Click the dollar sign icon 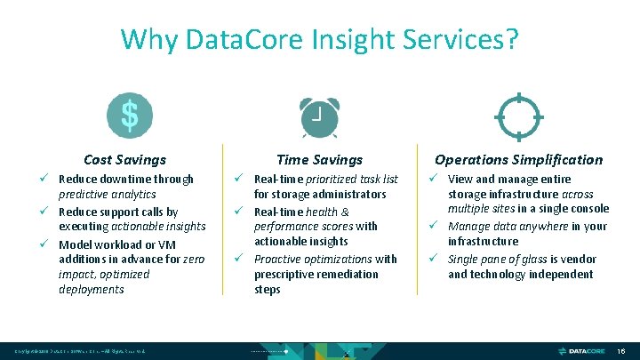(129, 116)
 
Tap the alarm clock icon (318, 116)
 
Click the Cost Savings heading (124, 160)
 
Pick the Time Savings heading (319, 160)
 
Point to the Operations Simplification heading (518, 160)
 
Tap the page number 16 (622, 352)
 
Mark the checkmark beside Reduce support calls (46, 212)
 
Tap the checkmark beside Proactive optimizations (242, 259)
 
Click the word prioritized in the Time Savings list (338, 180)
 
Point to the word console (588, 209)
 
